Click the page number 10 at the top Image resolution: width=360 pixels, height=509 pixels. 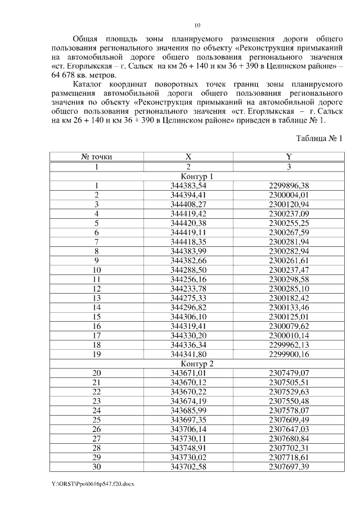coord(197,25)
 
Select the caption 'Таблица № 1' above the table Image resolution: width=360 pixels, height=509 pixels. coord(319,138)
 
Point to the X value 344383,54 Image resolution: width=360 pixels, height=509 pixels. coord(188,186)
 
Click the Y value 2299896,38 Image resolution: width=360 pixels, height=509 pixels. coord(289,186)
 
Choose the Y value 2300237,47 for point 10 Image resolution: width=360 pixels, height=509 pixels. coord(289,269)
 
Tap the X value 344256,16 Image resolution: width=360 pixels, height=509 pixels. coord(188,279)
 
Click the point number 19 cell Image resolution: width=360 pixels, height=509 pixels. coord(97,354)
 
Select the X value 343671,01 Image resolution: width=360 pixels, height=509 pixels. coord(188,372)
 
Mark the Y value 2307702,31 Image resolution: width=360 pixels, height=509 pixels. coord(289,447)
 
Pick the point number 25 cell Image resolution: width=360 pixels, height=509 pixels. coord(97,419)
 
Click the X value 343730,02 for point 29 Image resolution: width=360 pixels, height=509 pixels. coord(188,457)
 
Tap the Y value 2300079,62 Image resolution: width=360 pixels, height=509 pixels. coord(289,326)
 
